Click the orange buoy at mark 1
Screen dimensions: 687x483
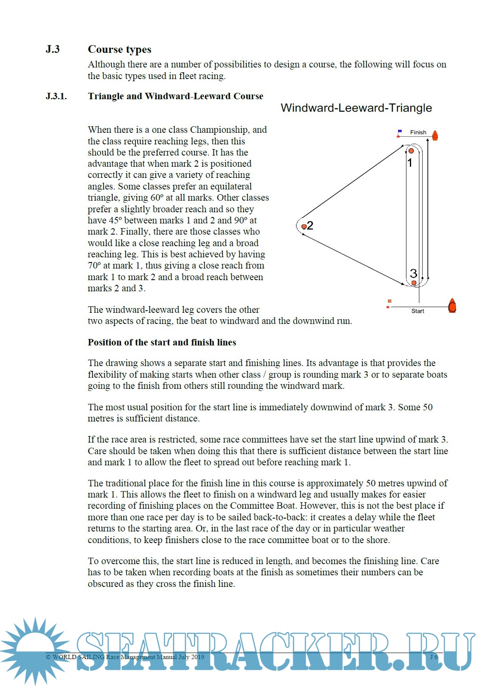coord(411,151)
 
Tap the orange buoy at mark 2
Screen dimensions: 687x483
coord(304,226)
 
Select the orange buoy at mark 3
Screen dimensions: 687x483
coord(414,283)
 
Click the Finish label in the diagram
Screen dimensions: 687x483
coord(418,132)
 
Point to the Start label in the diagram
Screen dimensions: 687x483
coord(418,311)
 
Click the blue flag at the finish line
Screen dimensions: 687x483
coord(400,131)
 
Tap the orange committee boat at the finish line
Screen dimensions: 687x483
coord(435,136)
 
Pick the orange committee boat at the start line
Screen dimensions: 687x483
coord(452,306)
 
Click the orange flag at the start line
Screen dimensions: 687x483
coord(390,301)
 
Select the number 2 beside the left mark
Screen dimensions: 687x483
coord(311,226)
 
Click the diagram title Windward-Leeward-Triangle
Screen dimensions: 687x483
coord(356,108)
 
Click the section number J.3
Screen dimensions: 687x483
coord(52,49)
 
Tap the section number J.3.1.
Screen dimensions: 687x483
coord(56,96)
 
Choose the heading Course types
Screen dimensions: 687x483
coord(120,49)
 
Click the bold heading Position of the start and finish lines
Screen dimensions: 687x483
coord(162,342)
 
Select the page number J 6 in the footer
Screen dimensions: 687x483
coord(434,657)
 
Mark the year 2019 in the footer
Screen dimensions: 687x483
coord(197,657)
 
